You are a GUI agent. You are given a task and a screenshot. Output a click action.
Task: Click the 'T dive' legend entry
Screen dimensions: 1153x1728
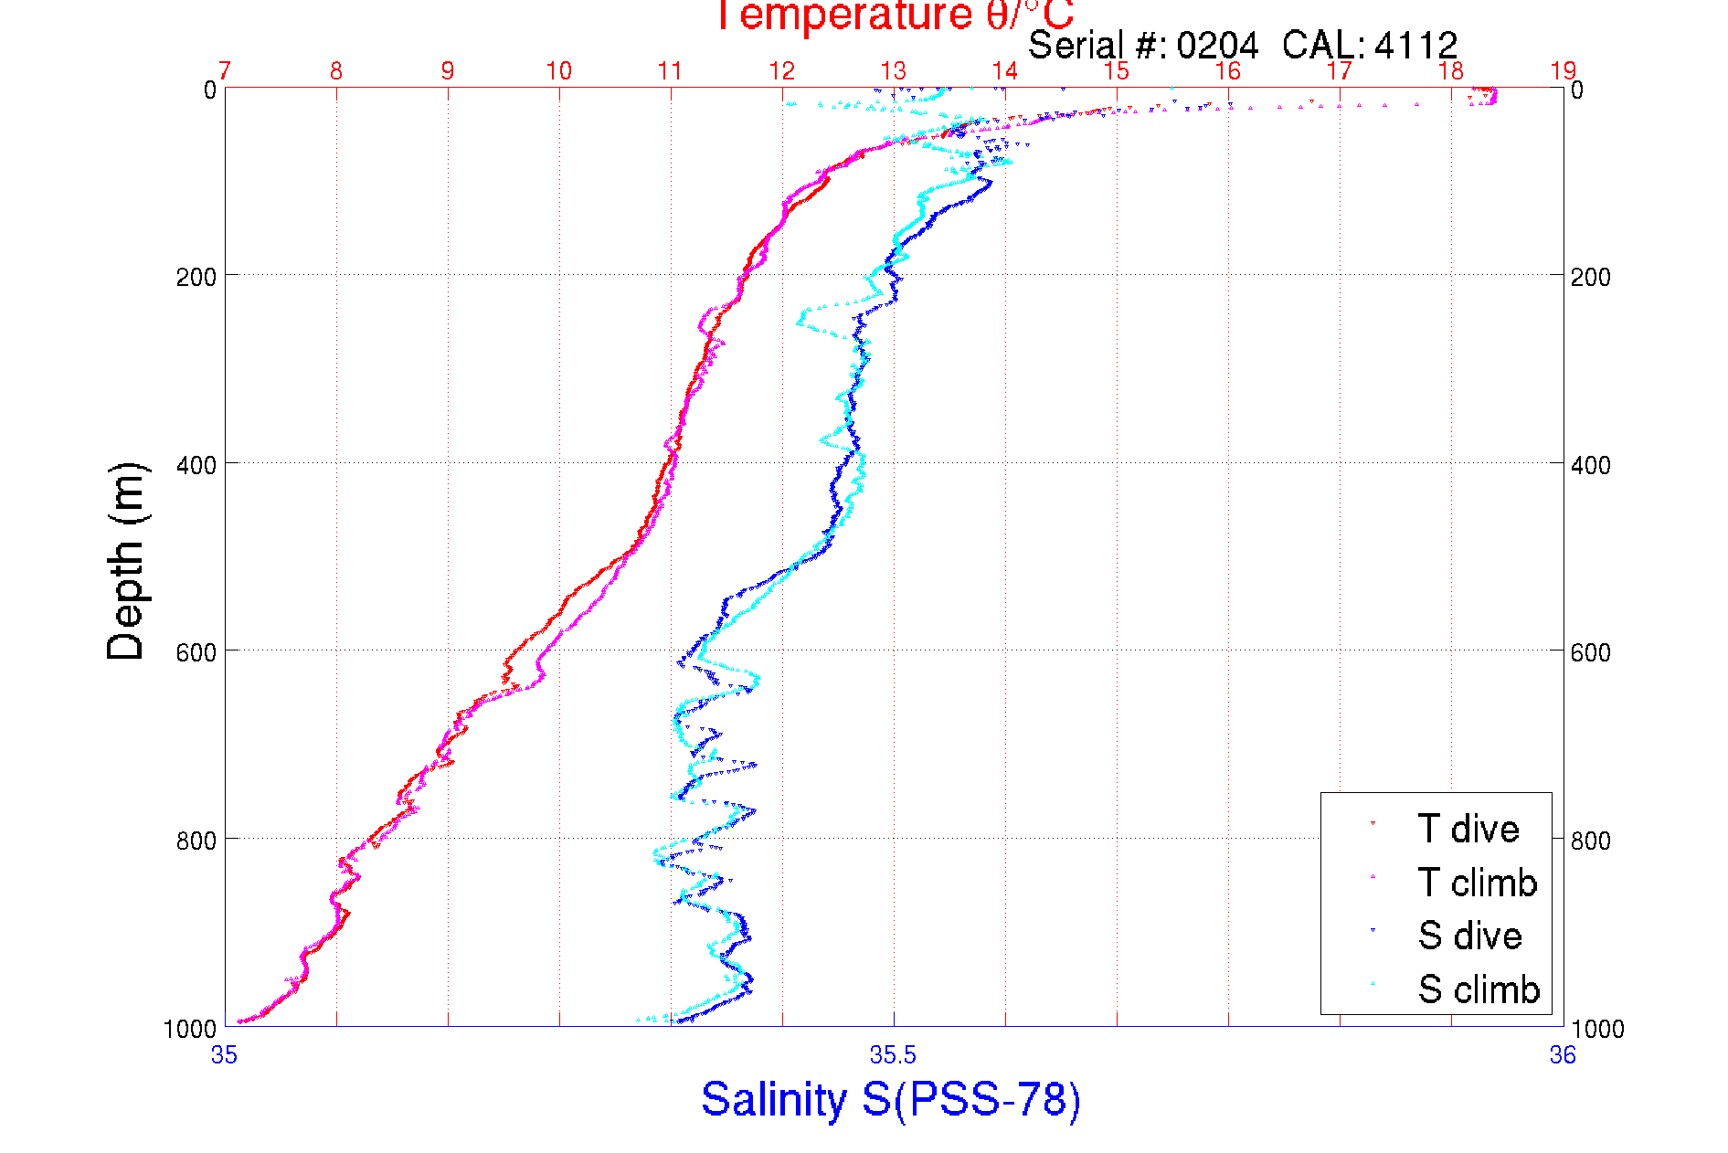pyautogui.click(x=1468, y=829)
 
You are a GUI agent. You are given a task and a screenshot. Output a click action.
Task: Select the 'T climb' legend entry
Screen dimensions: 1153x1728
pyautogui.click(x=1477, y=883)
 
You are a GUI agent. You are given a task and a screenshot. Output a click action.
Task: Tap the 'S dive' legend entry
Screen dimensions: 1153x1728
pyautogui.click(x=1469, y=936)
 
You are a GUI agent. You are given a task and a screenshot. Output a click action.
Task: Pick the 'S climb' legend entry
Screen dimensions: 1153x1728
pyautogui.click(x=1479, y=989)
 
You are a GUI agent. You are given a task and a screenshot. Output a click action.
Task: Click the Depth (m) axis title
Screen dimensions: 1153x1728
pyautogui.click(x=126, y=561)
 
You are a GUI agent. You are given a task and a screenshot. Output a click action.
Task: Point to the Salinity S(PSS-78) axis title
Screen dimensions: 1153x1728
pyautogui.click(x=891, y=1099)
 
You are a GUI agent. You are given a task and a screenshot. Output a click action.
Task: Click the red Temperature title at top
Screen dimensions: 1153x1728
pyautogui.click(x=894, y=16)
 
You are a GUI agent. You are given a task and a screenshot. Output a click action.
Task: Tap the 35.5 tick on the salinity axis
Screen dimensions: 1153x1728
pyautogui.click(x=893, y=1055)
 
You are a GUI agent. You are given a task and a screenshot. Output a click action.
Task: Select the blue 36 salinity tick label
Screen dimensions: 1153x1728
pyautogui.click(x=1563, y=1055)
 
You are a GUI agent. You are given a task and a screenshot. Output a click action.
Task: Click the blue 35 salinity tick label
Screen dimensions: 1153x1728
pyautogui.click(x=225, y=1055)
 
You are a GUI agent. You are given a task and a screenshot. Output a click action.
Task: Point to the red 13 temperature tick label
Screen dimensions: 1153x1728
pyautogui.click(x=894, y=71)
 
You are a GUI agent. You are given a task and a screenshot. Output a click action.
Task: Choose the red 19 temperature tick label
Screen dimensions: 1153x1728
pyautogui.click(x=1563, y=71)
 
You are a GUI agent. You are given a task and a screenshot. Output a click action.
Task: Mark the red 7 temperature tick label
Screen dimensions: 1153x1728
pyautogui.click(x=225, y=71)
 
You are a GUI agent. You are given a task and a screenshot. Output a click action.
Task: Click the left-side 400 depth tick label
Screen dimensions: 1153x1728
pyautogui.click(x=196, y=465)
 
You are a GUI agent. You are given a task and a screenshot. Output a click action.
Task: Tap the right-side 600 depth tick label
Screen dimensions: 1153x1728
pyautogui.click(x=1590, y=652)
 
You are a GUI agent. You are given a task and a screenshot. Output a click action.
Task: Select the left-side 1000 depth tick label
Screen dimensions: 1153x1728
pyautogui.click(x=190, y=1029)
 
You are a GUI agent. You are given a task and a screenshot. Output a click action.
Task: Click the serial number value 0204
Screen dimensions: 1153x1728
pyautogui.click(x=1217, y=45)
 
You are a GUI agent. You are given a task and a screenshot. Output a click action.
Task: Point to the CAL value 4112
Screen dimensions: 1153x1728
pyautogui.click(x=1415, y=45)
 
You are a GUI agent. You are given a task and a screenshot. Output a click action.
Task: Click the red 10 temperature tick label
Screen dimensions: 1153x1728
pyautogui.click(x=559, y=71)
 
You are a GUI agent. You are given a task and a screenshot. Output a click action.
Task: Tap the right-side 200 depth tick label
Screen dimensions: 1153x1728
pyautogui.click(x=1590, y=277)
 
